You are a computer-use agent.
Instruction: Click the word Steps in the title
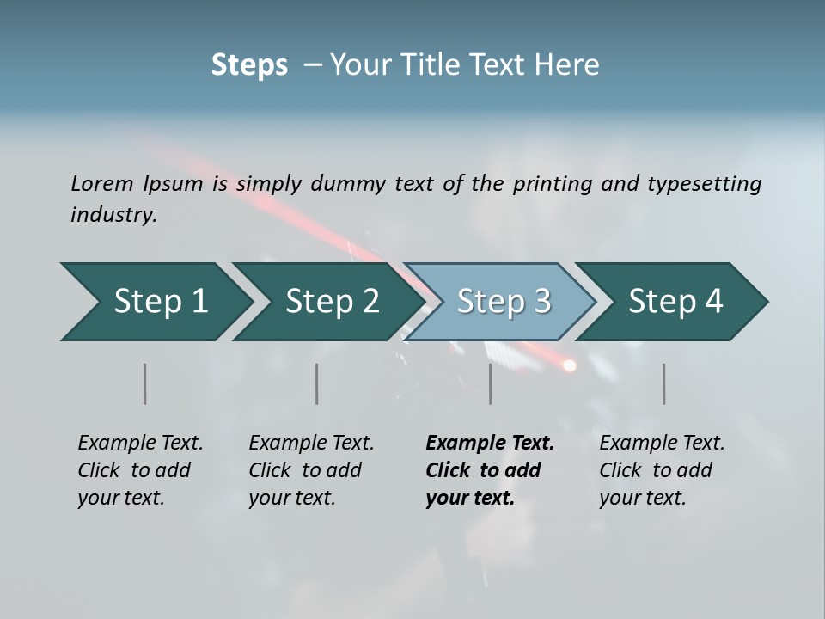click(249, 65)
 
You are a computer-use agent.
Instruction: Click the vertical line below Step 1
click(145, 383)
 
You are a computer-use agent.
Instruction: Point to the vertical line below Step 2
click(317, 383)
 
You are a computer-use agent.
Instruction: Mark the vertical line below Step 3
click(491, 383)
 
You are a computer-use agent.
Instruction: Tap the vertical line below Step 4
click(664, 383)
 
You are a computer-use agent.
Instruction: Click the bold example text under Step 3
click(488, 470)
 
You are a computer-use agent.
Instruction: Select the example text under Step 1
click(139, 470)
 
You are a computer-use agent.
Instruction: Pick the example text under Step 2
click(310, 470)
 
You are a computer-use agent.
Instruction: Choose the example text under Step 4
click(661, 470)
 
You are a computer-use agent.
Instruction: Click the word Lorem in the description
click(101, 184)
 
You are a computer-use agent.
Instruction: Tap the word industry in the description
click(113, 214)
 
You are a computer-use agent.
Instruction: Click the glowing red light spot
click(569, 365)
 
